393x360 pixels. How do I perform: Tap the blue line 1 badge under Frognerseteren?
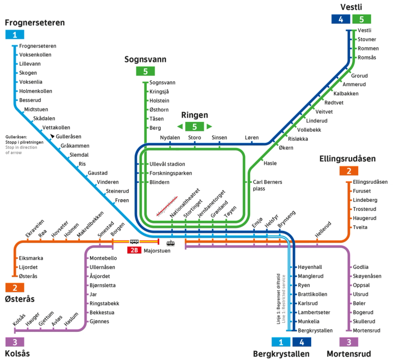pyautogui.click(x=14, y=35)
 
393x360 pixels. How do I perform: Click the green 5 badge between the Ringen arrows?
pyautogui.click(x=194, y=126)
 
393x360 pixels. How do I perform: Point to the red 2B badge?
pyautogui.click(x=134, y=250)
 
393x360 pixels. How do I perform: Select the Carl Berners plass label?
pyautogui.click(x=267, y=185)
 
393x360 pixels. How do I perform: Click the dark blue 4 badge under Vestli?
pyautogui.click(x=340, y=19)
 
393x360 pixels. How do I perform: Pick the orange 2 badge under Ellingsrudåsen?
pyautogui.click(x=348, y=171)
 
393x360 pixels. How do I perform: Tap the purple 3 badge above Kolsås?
pyautogui.click(x=15, y=342)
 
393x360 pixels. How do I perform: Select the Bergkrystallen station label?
pyautogui.click(x=315, y=330)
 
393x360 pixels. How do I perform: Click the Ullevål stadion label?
pyautogui.click(x=167, y=164)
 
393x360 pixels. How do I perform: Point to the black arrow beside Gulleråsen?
pyautogui.click(x=52, y=137)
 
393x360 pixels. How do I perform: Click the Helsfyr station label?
pyautogui.click(x=271, y=220)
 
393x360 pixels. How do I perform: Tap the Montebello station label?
pyautogui.click(x=103, y=258)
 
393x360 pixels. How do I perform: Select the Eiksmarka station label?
pyautogui.click(x=31, y=258)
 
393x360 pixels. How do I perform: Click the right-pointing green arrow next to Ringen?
pyautogui.click(x=209, y=126)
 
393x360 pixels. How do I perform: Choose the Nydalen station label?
pyautogui.click(x=170, y=138)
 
